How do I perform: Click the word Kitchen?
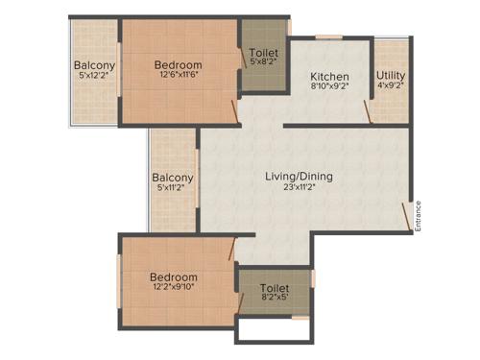328,77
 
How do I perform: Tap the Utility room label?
390,74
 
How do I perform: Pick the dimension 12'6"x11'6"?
179,79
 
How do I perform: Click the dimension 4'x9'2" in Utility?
390,86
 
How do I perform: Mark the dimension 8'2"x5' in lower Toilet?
274,298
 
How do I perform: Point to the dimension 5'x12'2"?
94,79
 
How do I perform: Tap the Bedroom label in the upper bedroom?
179,66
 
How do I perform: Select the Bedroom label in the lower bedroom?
173,276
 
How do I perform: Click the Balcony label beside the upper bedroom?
94,66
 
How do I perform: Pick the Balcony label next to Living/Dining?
173,178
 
